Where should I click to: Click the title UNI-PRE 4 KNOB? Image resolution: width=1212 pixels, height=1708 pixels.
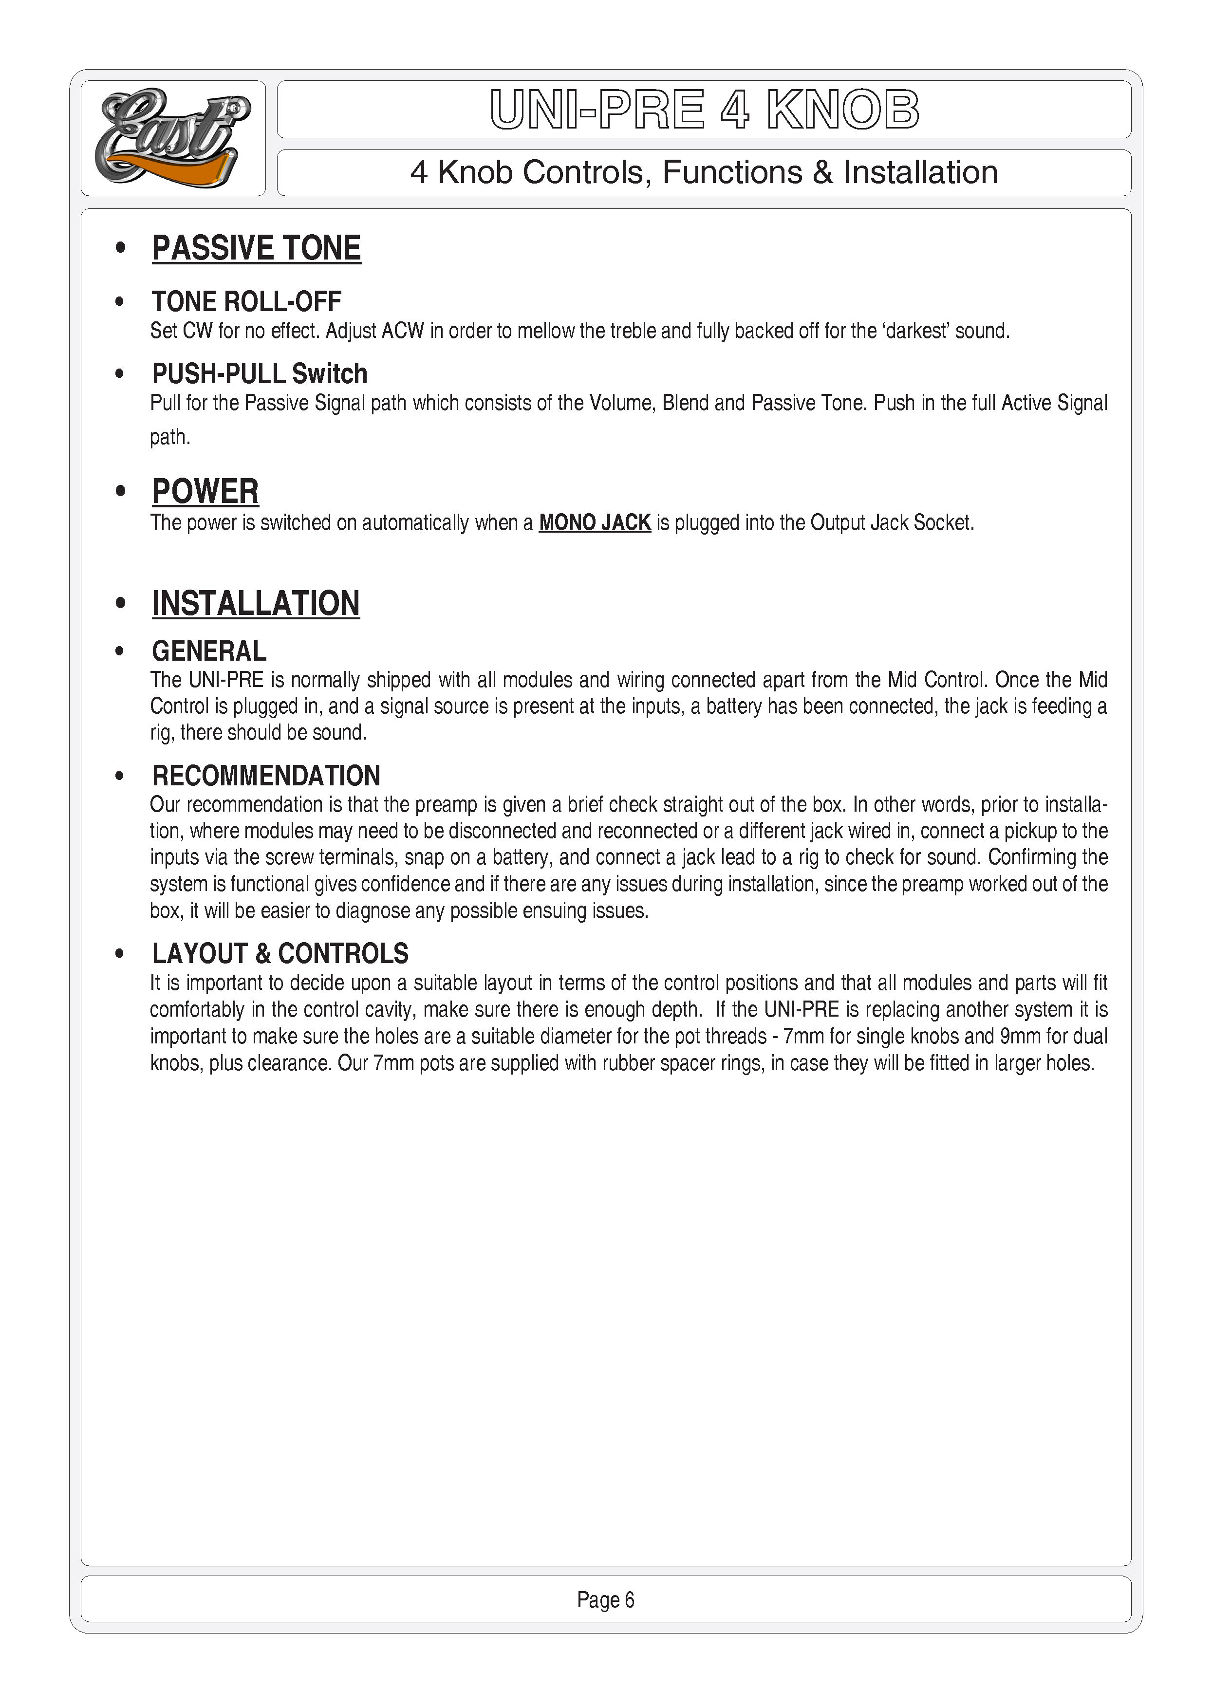click(x=704, y=110)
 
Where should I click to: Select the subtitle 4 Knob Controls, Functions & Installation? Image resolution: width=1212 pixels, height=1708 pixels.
click(x=704, y=172)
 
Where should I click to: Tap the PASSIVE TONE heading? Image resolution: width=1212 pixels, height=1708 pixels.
click(x=256, y=248)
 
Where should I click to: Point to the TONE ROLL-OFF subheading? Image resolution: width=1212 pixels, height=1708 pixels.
click(x=246, y=301)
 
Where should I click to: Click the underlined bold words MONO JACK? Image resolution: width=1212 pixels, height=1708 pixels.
click(x=595, y=522)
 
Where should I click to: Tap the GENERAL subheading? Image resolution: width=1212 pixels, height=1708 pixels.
click(x=209, y=651)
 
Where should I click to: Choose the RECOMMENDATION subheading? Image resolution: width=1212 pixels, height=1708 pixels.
click(x=266, y=776)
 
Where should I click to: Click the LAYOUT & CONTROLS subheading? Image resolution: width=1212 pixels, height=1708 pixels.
click(x=280, y=954)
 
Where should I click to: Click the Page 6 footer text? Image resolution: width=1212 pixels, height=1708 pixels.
click(x=605, y=1600)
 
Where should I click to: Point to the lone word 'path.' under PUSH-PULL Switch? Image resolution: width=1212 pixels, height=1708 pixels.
click(x=170, y=437)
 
